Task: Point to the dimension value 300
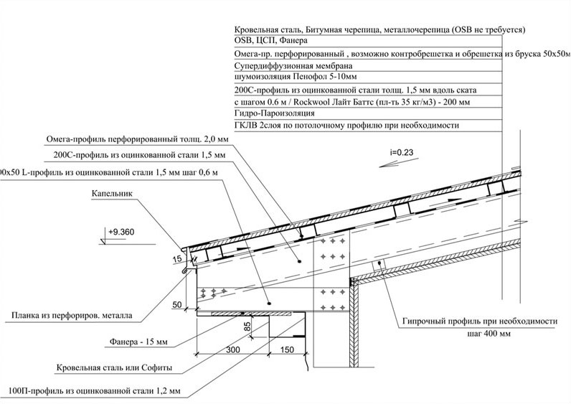click(x=230, y=349)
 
